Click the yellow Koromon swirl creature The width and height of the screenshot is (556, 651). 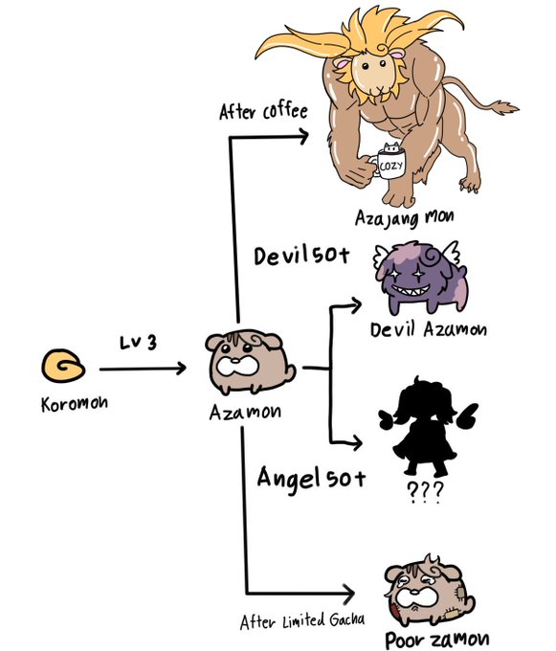click(63, 366)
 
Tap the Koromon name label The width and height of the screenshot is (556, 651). click(75, 404)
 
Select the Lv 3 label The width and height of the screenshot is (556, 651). click(139, 343)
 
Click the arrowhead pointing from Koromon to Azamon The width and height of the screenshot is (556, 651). click(181, 369)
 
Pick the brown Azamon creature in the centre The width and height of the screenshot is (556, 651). click(250, 362)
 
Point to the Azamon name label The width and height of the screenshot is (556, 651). click(245, 412)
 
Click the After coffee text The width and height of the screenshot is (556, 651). click(263, 111)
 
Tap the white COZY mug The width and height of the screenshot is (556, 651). click(388, 165)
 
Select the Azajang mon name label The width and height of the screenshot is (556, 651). click(404, 217)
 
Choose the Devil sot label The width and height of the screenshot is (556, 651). click(301, 255)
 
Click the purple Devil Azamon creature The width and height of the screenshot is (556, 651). click(420, 277)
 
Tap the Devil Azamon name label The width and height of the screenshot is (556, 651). click(429, 329)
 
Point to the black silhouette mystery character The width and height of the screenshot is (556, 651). click(428, 427)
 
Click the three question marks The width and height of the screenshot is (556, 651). click(425, 492)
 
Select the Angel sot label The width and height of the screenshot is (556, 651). click(311, 478)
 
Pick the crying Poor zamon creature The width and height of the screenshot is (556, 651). click(429, 590)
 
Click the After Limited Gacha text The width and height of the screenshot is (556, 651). click(302, 621)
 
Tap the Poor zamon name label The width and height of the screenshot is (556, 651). click(437, 640)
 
